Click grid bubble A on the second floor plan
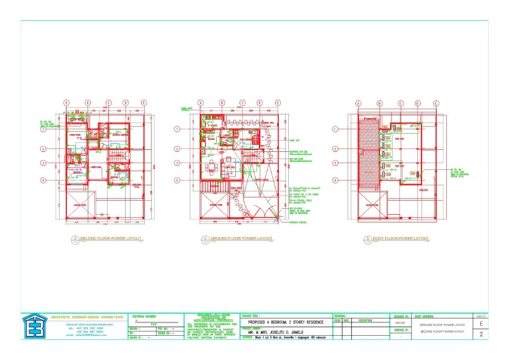(66, 103)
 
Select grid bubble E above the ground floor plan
(278, 103)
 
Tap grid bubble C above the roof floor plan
(400, 103)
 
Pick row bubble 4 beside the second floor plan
(43, 180)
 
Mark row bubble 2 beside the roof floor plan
(336, 149)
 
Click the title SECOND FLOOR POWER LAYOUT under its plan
(111, 237)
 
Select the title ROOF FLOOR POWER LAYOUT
(401, 237)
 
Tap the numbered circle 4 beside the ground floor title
(206, 239)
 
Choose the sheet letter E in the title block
(480, 324)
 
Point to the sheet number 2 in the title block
(480, 336)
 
